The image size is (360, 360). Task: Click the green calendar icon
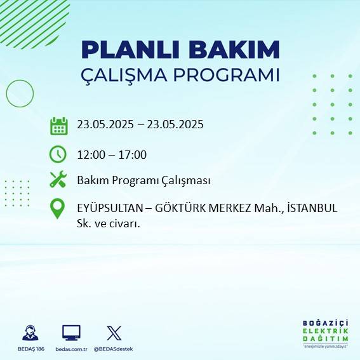pos(58,126)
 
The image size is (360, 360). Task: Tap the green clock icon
pos(58,154)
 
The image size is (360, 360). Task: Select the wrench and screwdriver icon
pos(58,180)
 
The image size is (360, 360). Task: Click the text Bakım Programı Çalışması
pos(143,180)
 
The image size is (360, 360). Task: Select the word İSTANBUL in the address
pos(311,208)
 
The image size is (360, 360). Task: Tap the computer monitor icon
pos(71,333)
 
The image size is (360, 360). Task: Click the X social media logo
pos(114,333)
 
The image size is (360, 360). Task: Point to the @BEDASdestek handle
pos(114,349)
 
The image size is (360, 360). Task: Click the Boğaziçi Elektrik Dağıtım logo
pos(325,333)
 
